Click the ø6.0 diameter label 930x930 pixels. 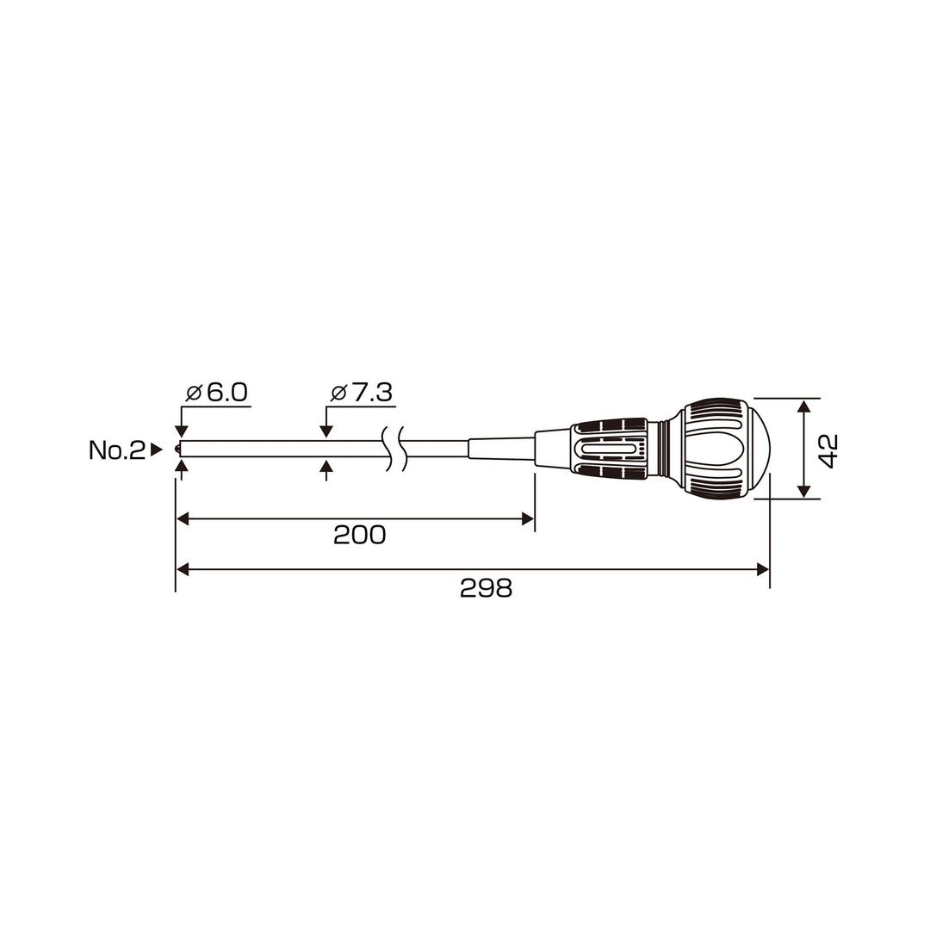click(216, 393)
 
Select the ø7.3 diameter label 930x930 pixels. click(361, 393)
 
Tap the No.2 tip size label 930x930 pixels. click(117, 450)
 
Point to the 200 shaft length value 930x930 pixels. click(359, 535)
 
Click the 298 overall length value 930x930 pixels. click(486, 588)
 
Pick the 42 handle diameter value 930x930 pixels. click(828, 450)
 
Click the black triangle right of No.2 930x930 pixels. click(156, 449)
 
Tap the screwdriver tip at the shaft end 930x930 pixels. click(177, 449)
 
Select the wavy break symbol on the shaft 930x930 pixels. click(395, 449)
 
